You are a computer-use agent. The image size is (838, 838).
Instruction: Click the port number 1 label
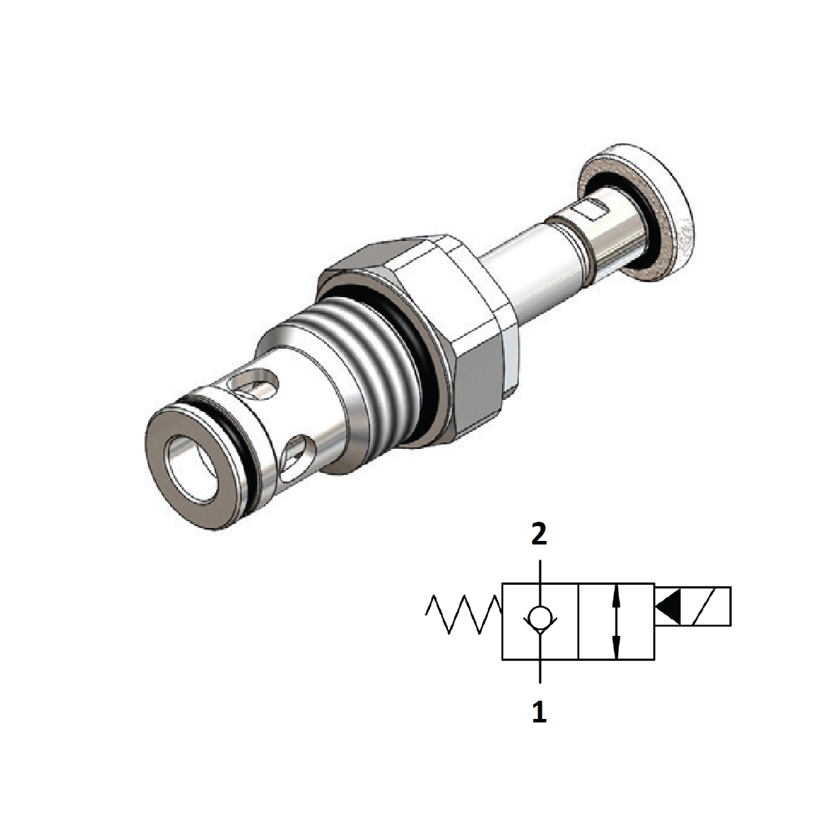(540, 711)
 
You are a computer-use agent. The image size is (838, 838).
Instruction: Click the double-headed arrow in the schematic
(615, 621)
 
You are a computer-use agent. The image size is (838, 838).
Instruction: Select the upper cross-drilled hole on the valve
(255, 384)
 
